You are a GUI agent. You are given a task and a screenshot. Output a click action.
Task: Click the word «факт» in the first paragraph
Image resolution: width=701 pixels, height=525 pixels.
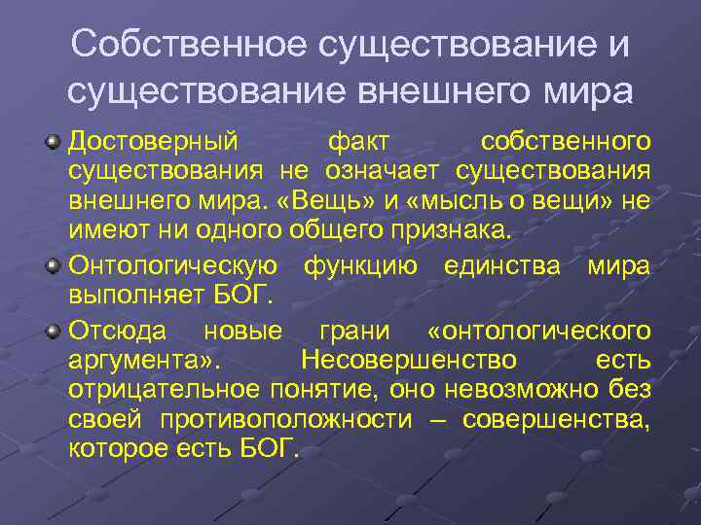click(x=359, y=143)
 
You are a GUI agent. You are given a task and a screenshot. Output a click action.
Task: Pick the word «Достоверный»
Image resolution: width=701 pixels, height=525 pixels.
click(x=153, y=143)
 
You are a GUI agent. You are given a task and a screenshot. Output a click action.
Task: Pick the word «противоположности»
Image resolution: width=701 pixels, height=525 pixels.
click(x=288, y=420)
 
